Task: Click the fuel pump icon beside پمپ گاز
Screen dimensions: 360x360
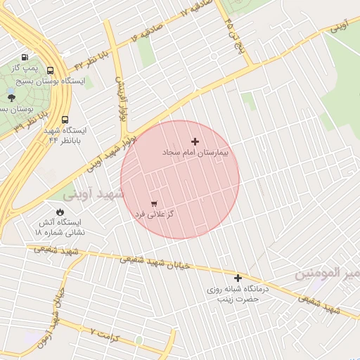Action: tap(25, 58)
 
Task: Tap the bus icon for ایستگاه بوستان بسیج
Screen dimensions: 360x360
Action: tap(50, 70)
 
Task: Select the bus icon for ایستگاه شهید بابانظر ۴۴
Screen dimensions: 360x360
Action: tap(65, 120)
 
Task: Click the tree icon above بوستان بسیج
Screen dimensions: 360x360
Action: tap(11, 98)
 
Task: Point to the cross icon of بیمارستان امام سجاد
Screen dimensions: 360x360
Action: tap(195, 141)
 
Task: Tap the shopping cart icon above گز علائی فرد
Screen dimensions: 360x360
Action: tap(153, 202)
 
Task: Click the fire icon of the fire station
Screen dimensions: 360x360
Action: tap(60, 212)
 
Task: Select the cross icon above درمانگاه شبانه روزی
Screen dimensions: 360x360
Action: tap(238, 278)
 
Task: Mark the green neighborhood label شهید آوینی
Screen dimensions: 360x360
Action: tap(96, 193)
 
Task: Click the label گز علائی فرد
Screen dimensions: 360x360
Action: tap(154, 213)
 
